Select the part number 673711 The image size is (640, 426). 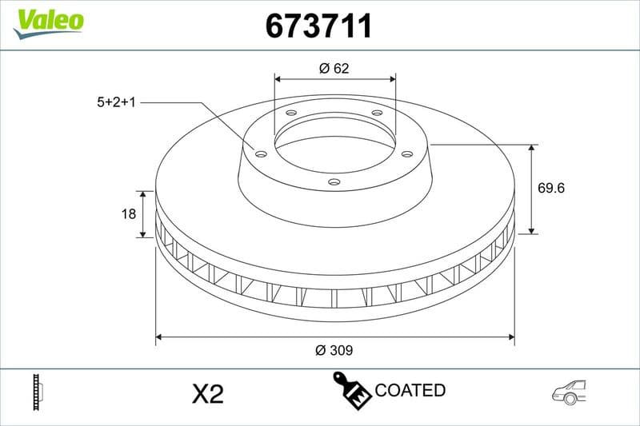318,26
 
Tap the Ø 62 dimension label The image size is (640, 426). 334,68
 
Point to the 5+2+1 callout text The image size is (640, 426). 116,102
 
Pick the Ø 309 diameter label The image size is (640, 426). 334,350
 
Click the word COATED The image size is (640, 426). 410,391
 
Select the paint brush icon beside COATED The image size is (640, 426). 350,390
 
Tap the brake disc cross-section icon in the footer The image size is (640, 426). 37,392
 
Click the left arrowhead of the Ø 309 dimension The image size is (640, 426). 159,337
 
